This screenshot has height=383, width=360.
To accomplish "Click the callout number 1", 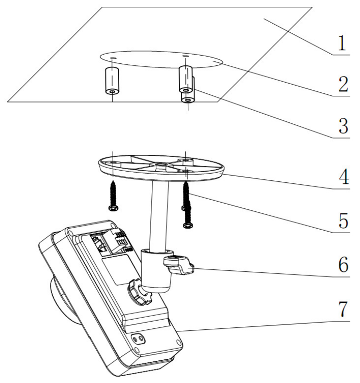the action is (x=342, y=44).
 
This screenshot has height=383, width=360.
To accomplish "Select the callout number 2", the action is (x=342, y=85).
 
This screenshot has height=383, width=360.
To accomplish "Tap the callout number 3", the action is (x=342, y=126).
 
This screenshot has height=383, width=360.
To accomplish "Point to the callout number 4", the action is (x=342, y=177).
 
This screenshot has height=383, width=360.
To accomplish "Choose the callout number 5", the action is (x=342, y=221).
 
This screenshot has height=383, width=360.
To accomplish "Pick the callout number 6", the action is (x=342, y=265).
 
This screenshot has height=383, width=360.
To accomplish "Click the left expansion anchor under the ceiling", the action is (x=112, y=81).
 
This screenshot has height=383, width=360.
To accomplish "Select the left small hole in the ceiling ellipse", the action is (x=112, y=58).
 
